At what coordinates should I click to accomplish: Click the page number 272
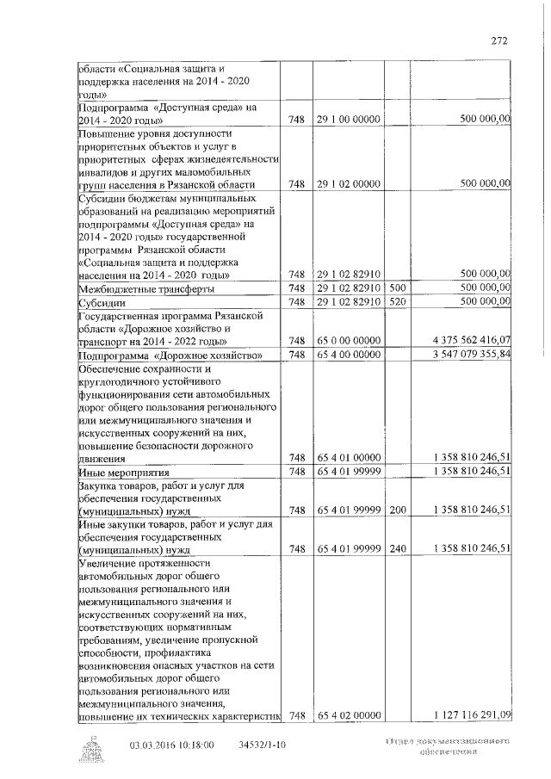498,40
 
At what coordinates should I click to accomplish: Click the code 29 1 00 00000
349,120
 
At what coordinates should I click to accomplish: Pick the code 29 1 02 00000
349,184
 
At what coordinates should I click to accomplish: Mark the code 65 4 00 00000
349,355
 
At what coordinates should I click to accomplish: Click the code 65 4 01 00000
349,458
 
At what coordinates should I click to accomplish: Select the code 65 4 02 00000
349,714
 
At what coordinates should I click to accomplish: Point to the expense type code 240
397,548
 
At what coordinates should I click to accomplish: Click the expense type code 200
397,510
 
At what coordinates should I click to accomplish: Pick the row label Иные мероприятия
121,473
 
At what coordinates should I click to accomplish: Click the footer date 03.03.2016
152,745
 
